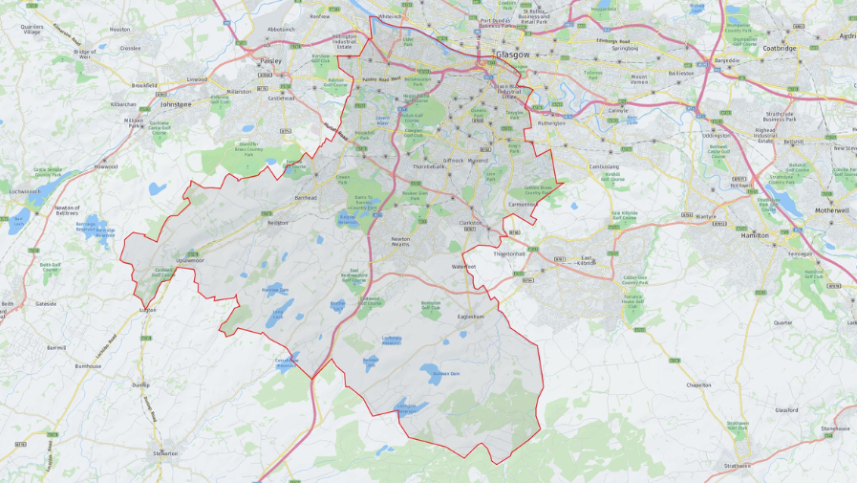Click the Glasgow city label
[x=512, y=55]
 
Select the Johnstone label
[x=175, y=104]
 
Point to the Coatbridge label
[x=780, y=48]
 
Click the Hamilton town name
[x=755, y=234]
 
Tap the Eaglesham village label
[x=471, y=316]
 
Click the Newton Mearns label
[x=400, y=242]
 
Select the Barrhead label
[x=306, y=198]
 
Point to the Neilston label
[x=278, y=223]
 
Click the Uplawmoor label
[x=189, y=260]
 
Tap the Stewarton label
[x=165, y=452]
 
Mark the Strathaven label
[x=738, y=466]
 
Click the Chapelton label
[x=698, y=384]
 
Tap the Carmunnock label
[x=523, y=204]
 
